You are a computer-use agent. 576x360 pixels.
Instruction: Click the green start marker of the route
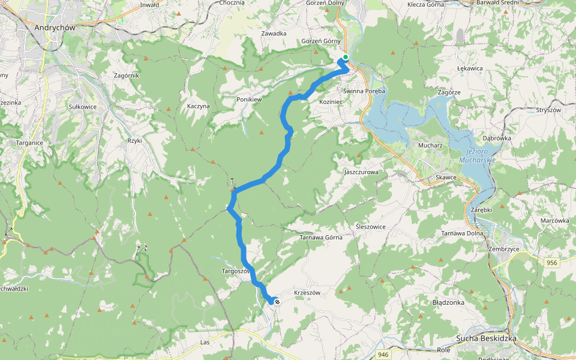click(345, 58)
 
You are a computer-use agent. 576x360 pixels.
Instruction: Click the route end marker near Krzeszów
click(277, 301)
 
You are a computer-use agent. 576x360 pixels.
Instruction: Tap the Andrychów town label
click(55, 27)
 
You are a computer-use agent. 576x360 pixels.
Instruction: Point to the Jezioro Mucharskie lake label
click(477, 155)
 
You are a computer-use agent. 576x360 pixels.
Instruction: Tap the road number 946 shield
click(383, 355)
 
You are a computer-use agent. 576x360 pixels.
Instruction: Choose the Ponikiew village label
click(250, 99)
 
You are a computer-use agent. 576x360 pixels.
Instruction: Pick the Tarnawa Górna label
click(321, 238)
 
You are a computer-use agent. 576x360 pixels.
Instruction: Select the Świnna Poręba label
click(364, 91)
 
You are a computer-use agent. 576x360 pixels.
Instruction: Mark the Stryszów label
click(548, 110)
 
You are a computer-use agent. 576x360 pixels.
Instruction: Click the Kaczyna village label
click(198, 106)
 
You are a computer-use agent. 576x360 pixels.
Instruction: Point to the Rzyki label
click(134, 140)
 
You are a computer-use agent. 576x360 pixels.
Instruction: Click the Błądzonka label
click(448, 302)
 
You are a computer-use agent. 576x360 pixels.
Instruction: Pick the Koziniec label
click(331, 102)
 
